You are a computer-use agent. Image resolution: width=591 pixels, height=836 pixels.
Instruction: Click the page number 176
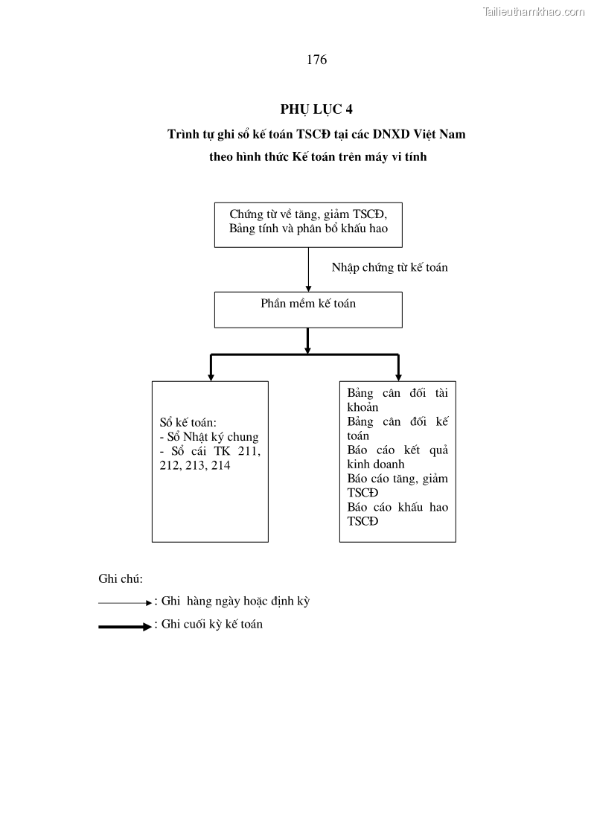coord(316,60)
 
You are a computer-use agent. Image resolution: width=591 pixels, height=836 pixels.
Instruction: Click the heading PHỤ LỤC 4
coord(316,109)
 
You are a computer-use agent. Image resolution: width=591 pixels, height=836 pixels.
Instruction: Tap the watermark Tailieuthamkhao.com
coord(534,11)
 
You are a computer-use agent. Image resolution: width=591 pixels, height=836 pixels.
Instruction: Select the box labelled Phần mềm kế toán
coord(308,310)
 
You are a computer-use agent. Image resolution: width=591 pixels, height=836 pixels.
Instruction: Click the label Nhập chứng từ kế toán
coord(389,267)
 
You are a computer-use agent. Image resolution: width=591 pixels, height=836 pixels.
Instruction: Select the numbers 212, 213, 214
coord(195,465)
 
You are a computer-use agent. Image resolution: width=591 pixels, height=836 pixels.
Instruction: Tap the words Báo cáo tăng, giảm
coord(397,479)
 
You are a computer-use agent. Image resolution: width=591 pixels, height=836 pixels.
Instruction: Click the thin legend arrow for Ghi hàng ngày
coord(124,602)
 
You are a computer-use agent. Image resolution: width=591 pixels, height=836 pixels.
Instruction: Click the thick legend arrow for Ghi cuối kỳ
coord(124,627)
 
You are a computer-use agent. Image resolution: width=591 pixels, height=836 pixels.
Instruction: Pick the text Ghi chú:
coord(121,578)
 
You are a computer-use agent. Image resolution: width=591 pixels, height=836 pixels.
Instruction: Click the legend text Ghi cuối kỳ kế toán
coord(212,625)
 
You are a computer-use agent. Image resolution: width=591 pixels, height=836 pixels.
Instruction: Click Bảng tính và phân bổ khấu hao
coord(308,229)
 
